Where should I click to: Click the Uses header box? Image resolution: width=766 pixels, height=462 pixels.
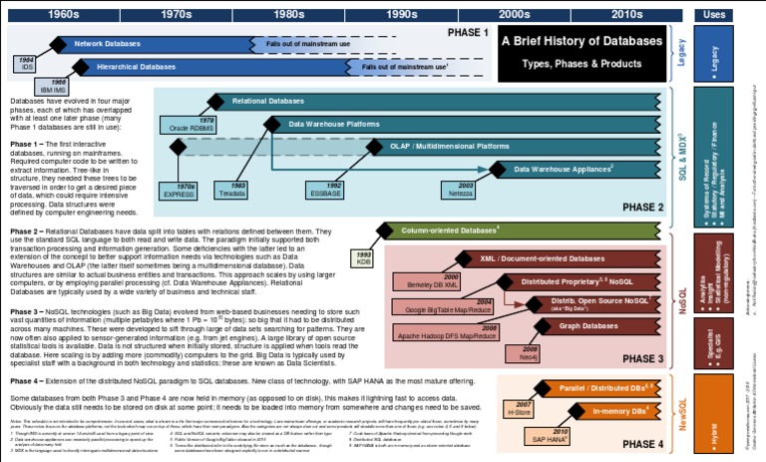click(x=714, y=14)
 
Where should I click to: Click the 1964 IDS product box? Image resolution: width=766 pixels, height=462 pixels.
click(x=27, y=65)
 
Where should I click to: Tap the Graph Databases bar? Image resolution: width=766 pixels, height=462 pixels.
click(x=583, y=325)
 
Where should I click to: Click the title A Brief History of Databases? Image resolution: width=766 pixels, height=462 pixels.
click(x=580, y=42)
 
